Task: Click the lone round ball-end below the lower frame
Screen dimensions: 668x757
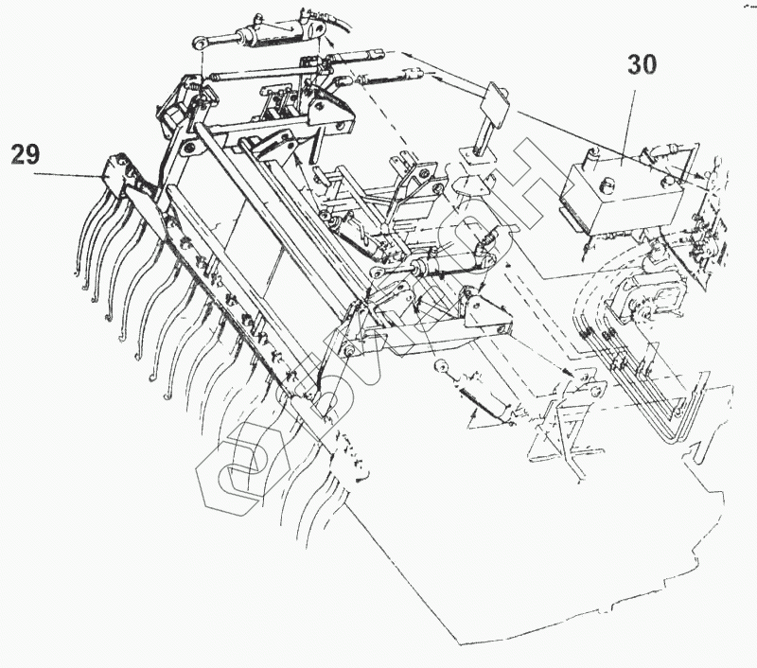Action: (440, 366)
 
